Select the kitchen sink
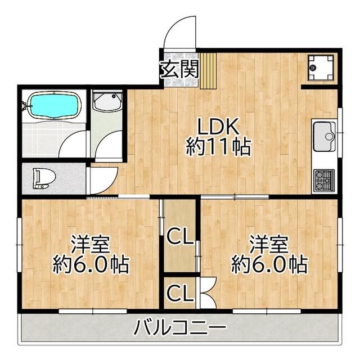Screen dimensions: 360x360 coord(323,135)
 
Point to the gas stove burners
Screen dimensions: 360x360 coord(324,181)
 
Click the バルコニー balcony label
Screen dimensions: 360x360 coord(180,326)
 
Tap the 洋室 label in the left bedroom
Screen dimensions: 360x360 coord(90,245)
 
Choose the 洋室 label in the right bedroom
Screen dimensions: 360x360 coord(269,245)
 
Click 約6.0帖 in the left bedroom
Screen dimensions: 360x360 coord(91,264)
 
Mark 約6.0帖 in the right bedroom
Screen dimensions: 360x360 coord(269,264)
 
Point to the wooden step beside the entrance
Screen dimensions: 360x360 coord(208,70)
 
